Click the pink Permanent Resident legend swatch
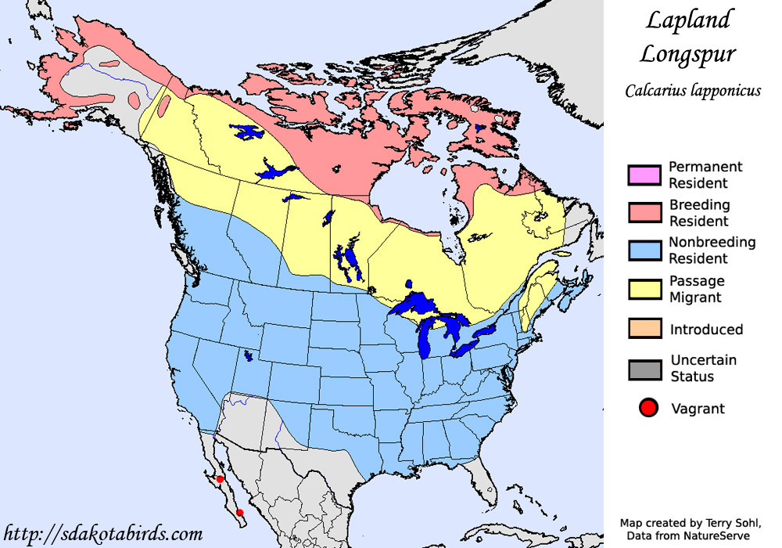tap(644, 175)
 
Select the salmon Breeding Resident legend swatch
tap(644, 213)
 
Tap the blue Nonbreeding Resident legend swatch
tap(644, 251)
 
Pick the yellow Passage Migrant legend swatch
tap(644, 289)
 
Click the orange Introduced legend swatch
tap(644, 329)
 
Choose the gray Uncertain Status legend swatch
tap(644, 369)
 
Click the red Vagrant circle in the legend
tap(647, 408)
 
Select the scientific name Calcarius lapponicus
tap(693, 91)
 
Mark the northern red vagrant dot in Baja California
tap(221, 479)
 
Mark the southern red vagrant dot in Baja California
tap(240, 513)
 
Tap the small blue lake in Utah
tap(249, 355)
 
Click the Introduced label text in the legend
tap(706, 330)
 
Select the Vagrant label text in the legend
tap(698, 409)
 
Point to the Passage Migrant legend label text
tap(696, 289)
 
